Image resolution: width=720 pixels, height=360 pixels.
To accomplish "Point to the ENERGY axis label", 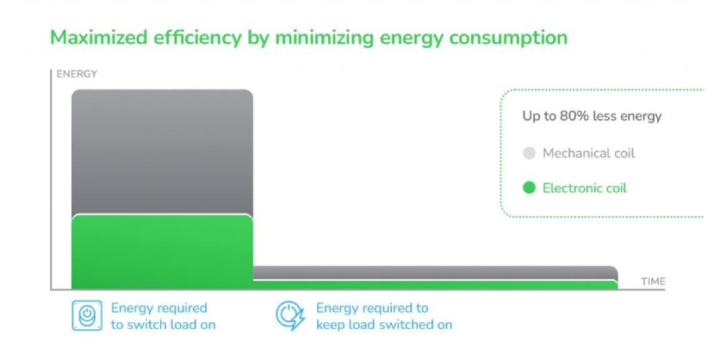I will tap(77, 74).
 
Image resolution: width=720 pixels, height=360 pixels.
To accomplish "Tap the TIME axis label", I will tap(653, 282).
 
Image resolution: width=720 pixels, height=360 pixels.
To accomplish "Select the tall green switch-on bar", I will tap(162, 251).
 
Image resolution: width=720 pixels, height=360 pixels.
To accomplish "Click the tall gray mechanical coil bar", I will tap(162, 151).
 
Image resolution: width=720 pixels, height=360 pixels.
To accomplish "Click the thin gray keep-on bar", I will tap(435, 273).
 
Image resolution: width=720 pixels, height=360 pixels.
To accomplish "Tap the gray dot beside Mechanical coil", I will tap(529, 153).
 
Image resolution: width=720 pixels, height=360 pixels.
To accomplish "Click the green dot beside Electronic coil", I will tap(529, 188).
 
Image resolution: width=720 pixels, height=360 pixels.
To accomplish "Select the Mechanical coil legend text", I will tap(588, 153).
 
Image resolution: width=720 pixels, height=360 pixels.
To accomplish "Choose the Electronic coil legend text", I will tap(584, 188).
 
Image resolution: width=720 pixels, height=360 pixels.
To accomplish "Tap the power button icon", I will tap(86, 316).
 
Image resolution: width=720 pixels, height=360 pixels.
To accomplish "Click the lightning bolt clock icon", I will tap(289, 316).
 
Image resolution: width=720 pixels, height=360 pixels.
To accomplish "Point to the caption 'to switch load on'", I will tap(163, 325).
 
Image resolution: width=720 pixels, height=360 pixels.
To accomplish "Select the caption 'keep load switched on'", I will tap(383, 325).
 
